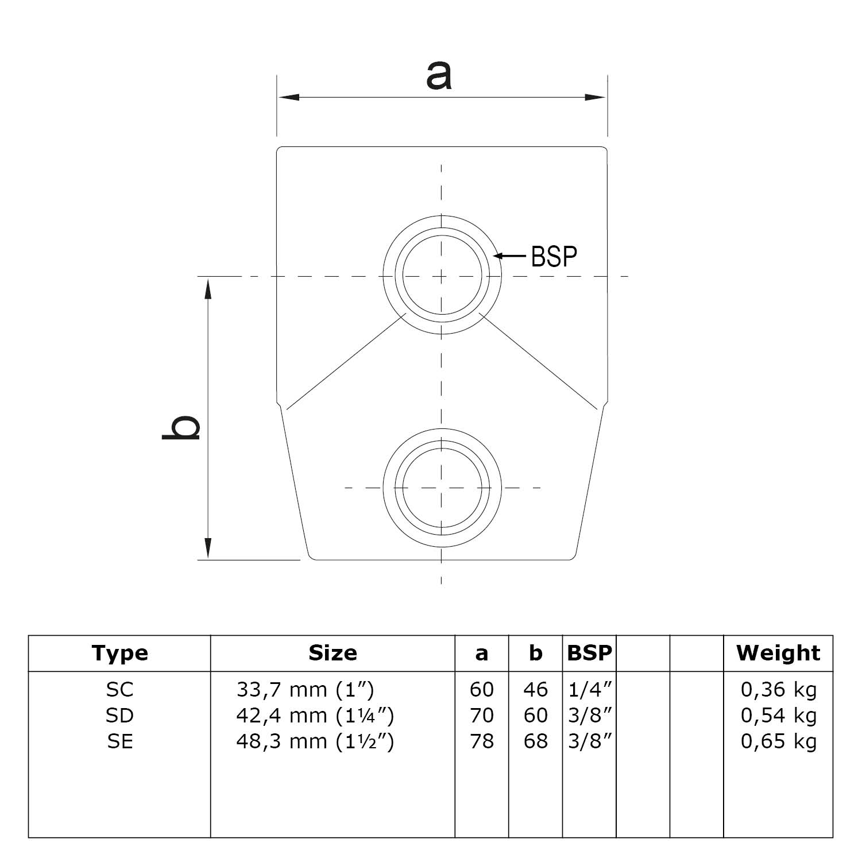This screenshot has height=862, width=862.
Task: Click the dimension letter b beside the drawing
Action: coord(182,427)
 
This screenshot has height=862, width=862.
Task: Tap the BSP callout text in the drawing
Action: coord(554,256)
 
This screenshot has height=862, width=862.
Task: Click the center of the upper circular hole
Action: coord(442,276)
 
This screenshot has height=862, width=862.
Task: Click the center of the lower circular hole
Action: coord(442,488)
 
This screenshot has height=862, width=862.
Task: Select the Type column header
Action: coord(119,653)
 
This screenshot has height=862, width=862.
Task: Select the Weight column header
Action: coord(778,653)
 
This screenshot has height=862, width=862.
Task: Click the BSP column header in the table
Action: coord(589,653)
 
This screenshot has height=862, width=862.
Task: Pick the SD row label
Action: coord(119,715)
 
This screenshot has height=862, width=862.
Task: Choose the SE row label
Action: coord(119,741)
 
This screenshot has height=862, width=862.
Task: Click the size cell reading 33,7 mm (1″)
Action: coord(305,689)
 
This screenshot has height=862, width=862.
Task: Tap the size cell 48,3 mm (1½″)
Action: coord(315,741)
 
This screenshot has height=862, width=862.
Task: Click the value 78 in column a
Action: coord(481,741)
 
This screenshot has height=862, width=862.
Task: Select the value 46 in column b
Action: coord(535,689)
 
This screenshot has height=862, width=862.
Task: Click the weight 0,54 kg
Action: coord(778,715)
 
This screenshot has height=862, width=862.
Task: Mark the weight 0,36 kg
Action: coord(778,689)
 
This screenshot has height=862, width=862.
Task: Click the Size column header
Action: coord(333,653)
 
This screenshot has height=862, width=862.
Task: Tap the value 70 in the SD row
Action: coord(481,715)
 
